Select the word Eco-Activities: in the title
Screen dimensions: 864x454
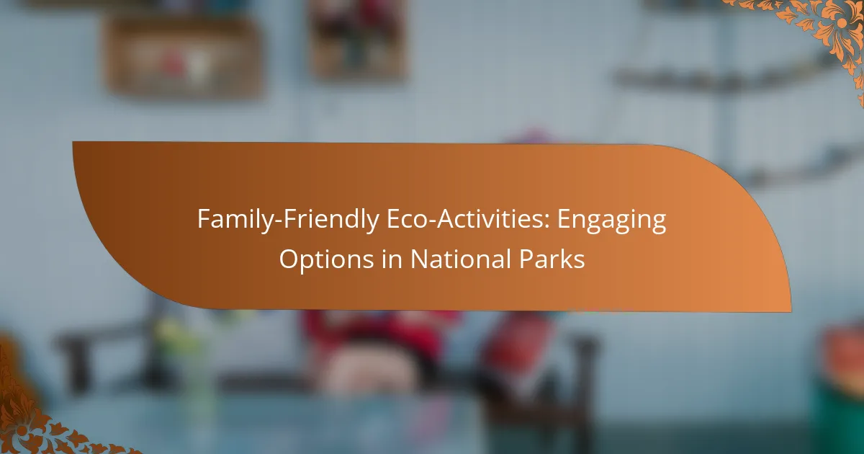pos(468,219)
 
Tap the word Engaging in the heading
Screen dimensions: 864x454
pos(612,221)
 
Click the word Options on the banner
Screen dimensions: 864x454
pos(326,260)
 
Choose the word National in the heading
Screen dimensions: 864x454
pos(461,259)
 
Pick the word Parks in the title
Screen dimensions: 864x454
pos(552,259)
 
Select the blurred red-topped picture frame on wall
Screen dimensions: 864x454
pos(359,39)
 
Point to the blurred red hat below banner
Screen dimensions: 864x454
pos(380,332)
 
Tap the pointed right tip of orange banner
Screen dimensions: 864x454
pos(791,311)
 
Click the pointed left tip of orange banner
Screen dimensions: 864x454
pos(73,143)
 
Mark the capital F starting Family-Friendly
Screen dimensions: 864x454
pos(204,219)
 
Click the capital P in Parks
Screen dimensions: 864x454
pos(526,259)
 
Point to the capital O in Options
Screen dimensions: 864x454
pos(289,259)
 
